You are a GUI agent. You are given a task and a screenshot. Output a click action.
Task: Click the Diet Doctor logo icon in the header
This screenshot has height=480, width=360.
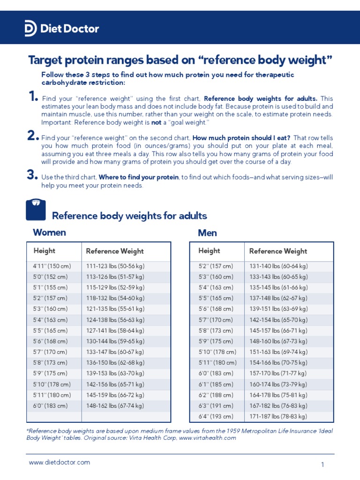[x=30, y=29]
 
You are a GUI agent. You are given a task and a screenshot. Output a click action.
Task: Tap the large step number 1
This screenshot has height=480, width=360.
[x=32, y=97]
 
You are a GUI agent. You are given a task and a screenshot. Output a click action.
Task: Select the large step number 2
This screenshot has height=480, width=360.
[x=32, y=136]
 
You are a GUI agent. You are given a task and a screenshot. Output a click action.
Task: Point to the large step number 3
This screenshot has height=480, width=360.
[x=32, y=175]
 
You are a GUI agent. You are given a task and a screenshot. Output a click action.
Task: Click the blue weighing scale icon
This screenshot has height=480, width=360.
[x=36, y=209]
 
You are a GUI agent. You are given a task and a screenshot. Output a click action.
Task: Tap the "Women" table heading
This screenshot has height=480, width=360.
[x=49, y=232]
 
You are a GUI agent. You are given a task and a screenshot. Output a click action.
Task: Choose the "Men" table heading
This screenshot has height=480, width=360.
[x=208, y=233]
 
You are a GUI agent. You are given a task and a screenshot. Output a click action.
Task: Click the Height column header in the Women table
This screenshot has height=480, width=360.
[x=44, y=251]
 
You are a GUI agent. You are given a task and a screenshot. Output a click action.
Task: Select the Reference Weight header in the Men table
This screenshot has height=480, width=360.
[x=278, y=251]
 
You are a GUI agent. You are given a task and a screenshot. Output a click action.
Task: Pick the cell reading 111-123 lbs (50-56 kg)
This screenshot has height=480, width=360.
[x=115, y=266]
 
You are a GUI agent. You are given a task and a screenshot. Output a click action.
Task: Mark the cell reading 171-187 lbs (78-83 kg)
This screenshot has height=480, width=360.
[x=278, y=416]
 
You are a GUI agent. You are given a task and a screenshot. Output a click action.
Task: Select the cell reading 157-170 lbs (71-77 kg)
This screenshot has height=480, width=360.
[x=278, y=373]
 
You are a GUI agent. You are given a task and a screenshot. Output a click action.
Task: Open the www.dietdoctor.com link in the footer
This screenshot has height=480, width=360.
[x=60, y=462]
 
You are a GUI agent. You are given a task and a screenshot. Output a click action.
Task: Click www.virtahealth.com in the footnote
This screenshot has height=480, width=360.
[x=207, y=438]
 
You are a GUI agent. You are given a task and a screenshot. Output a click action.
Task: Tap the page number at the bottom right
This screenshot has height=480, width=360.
[x=322, y=465]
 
